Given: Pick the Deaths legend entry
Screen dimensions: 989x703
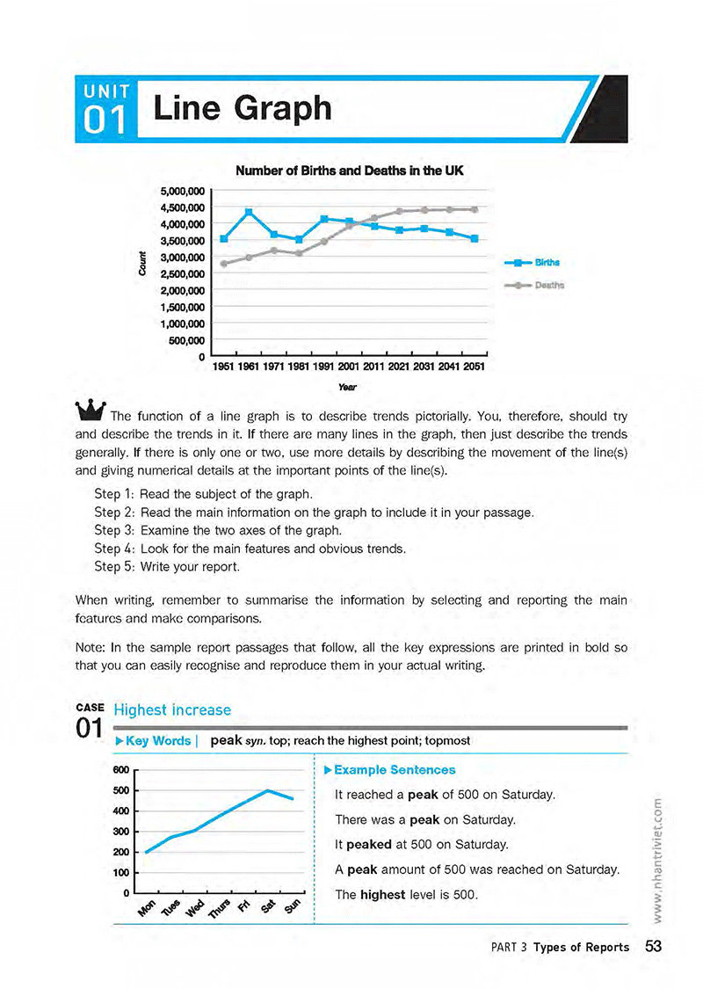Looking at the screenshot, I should (x=548, y=285).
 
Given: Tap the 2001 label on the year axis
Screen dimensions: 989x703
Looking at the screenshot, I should (x=350, y=367).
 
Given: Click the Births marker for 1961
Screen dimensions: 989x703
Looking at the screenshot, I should (x=249, y=212).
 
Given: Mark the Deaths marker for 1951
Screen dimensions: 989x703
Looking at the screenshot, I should (x=224, y=264).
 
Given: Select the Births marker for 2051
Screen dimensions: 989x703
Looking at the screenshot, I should (x=475, y=238).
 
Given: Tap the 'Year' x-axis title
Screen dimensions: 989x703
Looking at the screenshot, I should (x=349, y=386).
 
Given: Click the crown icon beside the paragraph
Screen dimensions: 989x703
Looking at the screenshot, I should (x=91, y=410).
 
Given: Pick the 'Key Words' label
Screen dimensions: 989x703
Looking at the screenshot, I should (x=158, y=740).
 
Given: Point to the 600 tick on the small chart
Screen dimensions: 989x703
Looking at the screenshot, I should (x=121, y=770).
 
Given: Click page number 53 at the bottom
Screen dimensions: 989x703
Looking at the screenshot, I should (x=653, y=947).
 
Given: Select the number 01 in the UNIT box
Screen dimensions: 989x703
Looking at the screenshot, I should (x=106, y=122).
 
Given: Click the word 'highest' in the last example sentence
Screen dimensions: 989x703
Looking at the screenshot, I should (x=382, y=895).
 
